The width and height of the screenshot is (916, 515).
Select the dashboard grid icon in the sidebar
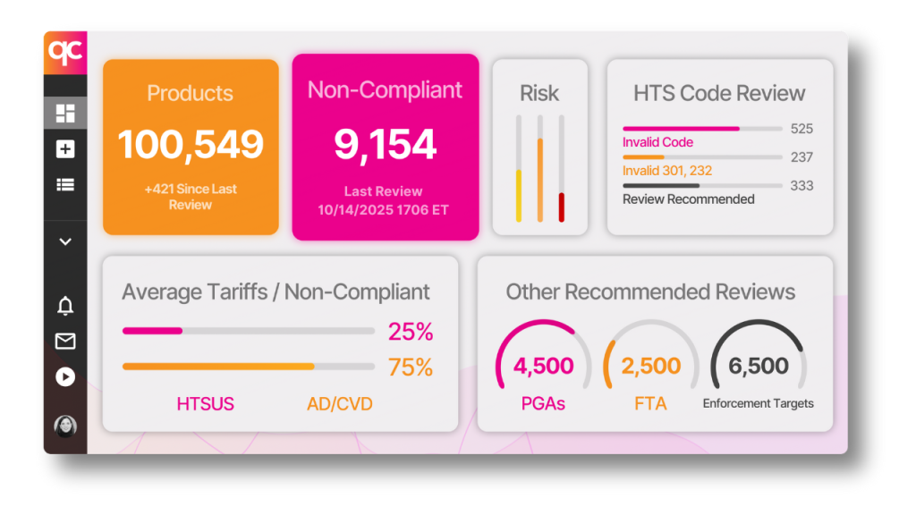pos(65,114)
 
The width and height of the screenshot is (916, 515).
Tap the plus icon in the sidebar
pos(65,149)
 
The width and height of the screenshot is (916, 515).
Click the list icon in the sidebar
pos(65,185)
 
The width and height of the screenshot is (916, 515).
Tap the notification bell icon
pos(65,307)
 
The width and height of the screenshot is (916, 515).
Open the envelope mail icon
pos(65,341)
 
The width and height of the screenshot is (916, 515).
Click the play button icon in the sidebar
pos(65,376)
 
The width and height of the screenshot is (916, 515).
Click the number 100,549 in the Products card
pos(191,145)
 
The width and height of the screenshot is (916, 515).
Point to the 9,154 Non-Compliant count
pos(386,145)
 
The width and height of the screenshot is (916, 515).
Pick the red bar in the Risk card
pos(562,207)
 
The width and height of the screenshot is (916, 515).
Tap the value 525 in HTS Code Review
pos(801,129)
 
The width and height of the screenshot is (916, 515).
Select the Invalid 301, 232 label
pos(667,171)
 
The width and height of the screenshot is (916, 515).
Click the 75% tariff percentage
pos(411,367)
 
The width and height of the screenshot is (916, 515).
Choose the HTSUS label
pos(205,404)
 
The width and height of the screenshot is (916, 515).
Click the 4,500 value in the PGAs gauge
pos(543,366)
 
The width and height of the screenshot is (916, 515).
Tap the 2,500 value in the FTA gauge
pos(650,366)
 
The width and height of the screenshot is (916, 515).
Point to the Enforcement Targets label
pos(758,403)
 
